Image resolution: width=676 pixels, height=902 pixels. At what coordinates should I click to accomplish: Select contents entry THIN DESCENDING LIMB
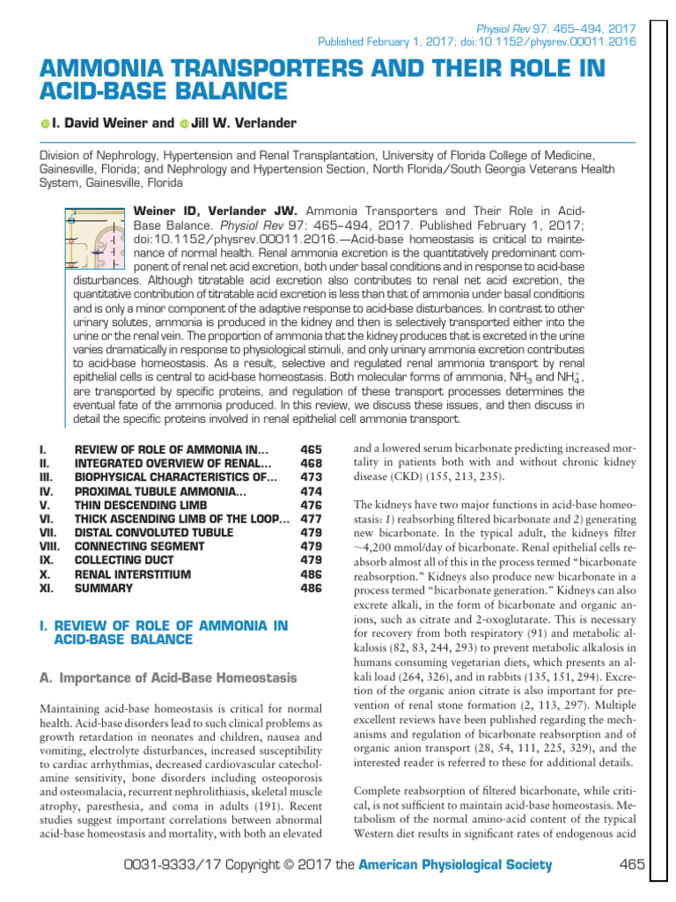(141, 505)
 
